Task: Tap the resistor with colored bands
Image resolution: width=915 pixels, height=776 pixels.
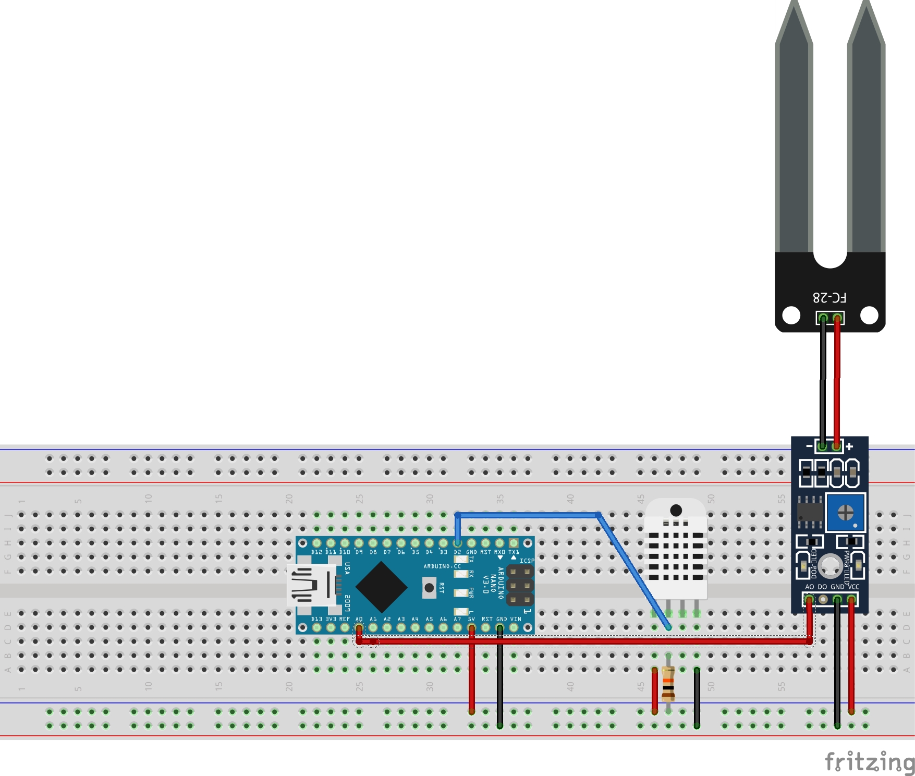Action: (668, 684)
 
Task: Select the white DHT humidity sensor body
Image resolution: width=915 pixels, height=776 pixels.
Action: (676, 553)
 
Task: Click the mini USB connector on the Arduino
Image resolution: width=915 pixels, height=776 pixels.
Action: (312, 585)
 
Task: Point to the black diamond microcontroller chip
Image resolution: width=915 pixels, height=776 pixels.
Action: (381, 587)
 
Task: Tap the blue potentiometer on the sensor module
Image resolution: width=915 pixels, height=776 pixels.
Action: (845, 512)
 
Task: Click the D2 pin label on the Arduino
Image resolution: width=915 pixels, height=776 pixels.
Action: (457, 552)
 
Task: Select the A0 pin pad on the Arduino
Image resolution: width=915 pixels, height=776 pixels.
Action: (359, 627)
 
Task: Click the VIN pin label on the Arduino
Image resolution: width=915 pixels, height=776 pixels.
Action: (515, 619)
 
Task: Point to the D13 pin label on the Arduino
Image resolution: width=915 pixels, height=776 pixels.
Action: (316, 619)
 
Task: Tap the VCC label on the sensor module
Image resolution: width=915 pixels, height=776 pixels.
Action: (853, 587)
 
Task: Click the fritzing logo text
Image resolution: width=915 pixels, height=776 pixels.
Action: (869, 761)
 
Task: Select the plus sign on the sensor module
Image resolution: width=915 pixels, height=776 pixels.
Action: (850, 446)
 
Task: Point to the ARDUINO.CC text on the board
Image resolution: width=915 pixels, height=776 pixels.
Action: (442, 566)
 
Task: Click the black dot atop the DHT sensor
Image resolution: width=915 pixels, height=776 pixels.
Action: (676, 510)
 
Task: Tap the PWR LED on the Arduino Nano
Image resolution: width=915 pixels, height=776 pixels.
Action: (460, 593)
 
